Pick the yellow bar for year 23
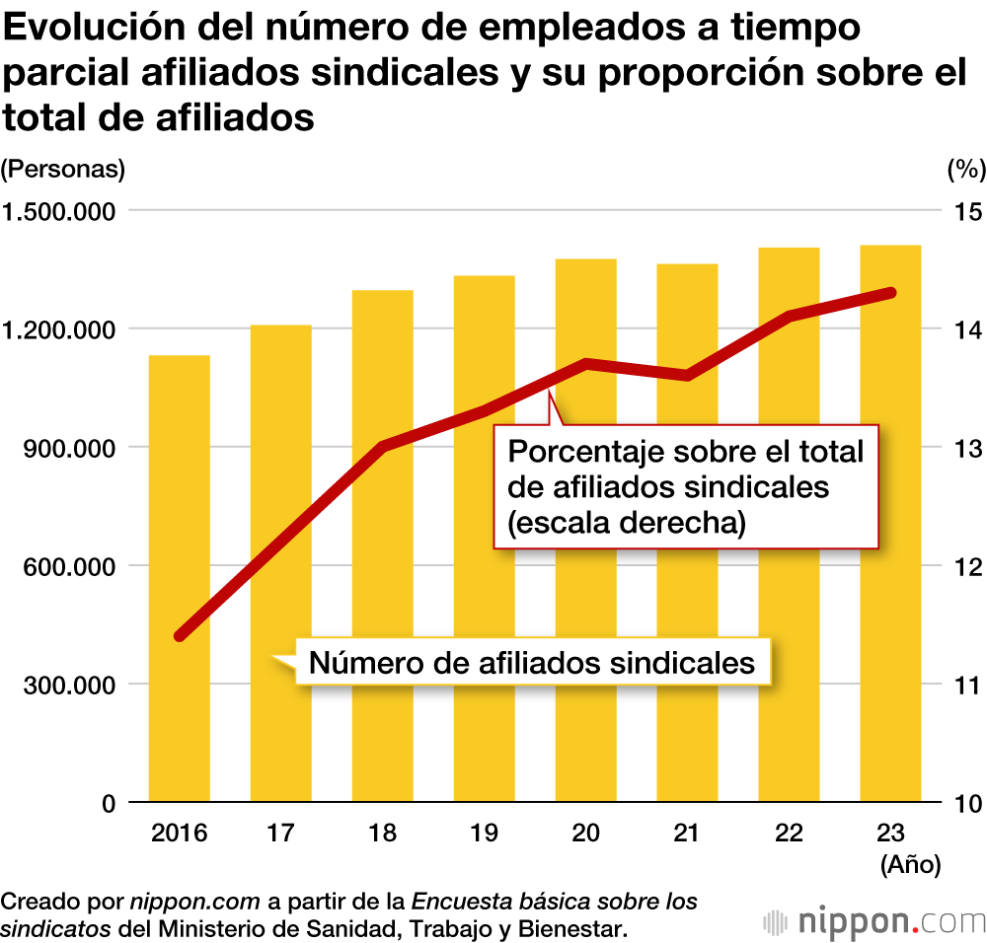[890, 523]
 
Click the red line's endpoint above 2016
[180, 636]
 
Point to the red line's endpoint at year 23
[890, 293]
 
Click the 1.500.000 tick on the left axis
[61, 211]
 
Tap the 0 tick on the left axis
[108, 803]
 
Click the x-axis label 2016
[179, 834]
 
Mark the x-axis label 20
[585, 834]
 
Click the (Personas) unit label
[63, 169]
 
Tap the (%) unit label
[966, 169]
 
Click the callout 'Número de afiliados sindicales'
[532, 662]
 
